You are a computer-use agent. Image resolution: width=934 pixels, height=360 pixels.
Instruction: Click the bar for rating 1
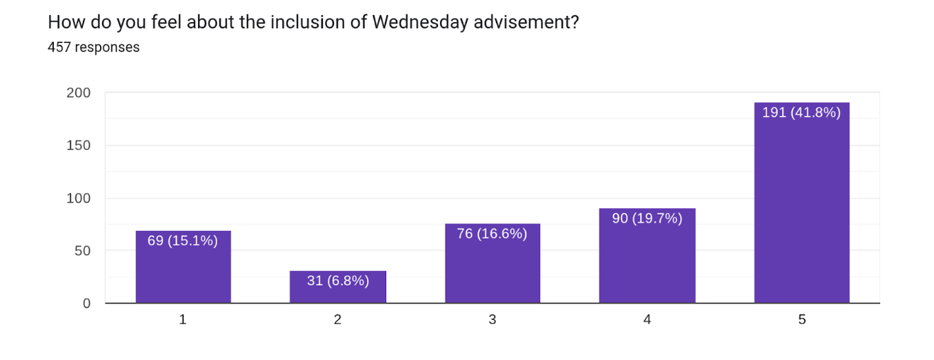pos(183,267)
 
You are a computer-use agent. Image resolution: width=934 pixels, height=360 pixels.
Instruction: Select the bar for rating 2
pos(338,287)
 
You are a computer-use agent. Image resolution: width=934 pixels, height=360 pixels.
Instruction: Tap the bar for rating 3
pos(493,263)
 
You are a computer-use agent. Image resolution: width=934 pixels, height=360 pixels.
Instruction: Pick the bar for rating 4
pos(647,255)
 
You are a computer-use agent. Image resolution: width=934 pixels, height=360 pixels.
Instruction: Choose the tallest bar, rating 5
pos(802,203)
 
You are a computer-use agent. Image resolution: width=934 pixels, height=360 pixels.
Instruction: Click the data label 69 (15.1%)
pos(183,241)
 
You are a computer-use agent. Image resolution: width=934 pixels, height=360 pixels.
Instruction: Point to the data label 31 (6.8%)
pos(338,281)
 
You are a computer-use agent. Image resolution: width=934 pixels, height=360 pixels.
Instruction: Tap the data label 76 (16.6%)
pos(492,234)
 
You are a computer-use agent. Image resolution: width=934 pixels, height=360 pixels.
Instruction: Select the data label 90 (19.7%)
pos(647,219)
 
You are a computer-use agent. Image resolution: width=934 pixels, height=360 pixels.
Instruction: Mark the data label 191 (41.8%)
pos(802,112)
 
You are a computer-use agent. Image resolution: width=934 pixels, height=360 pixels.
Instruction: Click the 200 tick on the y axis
pos(79,92)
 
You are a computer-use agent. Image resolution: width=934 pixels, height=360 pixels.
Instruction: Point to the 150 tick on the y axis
pos(79,146)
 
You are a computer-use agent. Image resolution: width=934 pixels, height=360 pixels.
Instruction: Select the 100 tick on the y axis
pos(79,199)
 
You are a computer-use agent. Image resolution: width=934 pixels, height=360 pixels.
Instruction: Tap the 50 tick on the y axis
pos(83,251)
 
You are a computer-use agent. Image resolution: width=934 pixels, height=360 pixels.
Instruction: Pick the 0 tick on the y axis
pos(87,303)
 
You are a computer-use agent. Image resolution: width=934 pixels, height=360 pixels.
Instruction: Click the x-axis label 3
pos(493,319)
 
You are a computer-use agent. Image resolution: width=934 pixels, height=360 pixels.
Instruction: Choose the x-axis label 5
pos(802,319)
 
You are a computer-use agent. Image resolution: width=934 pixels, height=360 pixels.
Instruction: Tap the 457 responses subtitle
pos(94,47)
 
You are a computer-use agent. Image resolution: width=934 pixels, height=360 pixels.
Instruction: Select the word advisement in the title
pos(526,22)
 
